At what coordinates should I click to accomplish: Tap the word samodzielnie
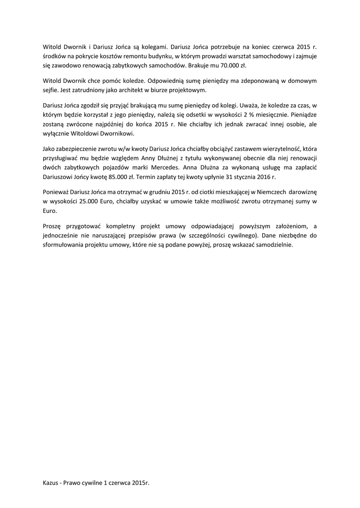276,245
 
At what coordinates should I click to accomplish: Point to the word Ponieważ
56,192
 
